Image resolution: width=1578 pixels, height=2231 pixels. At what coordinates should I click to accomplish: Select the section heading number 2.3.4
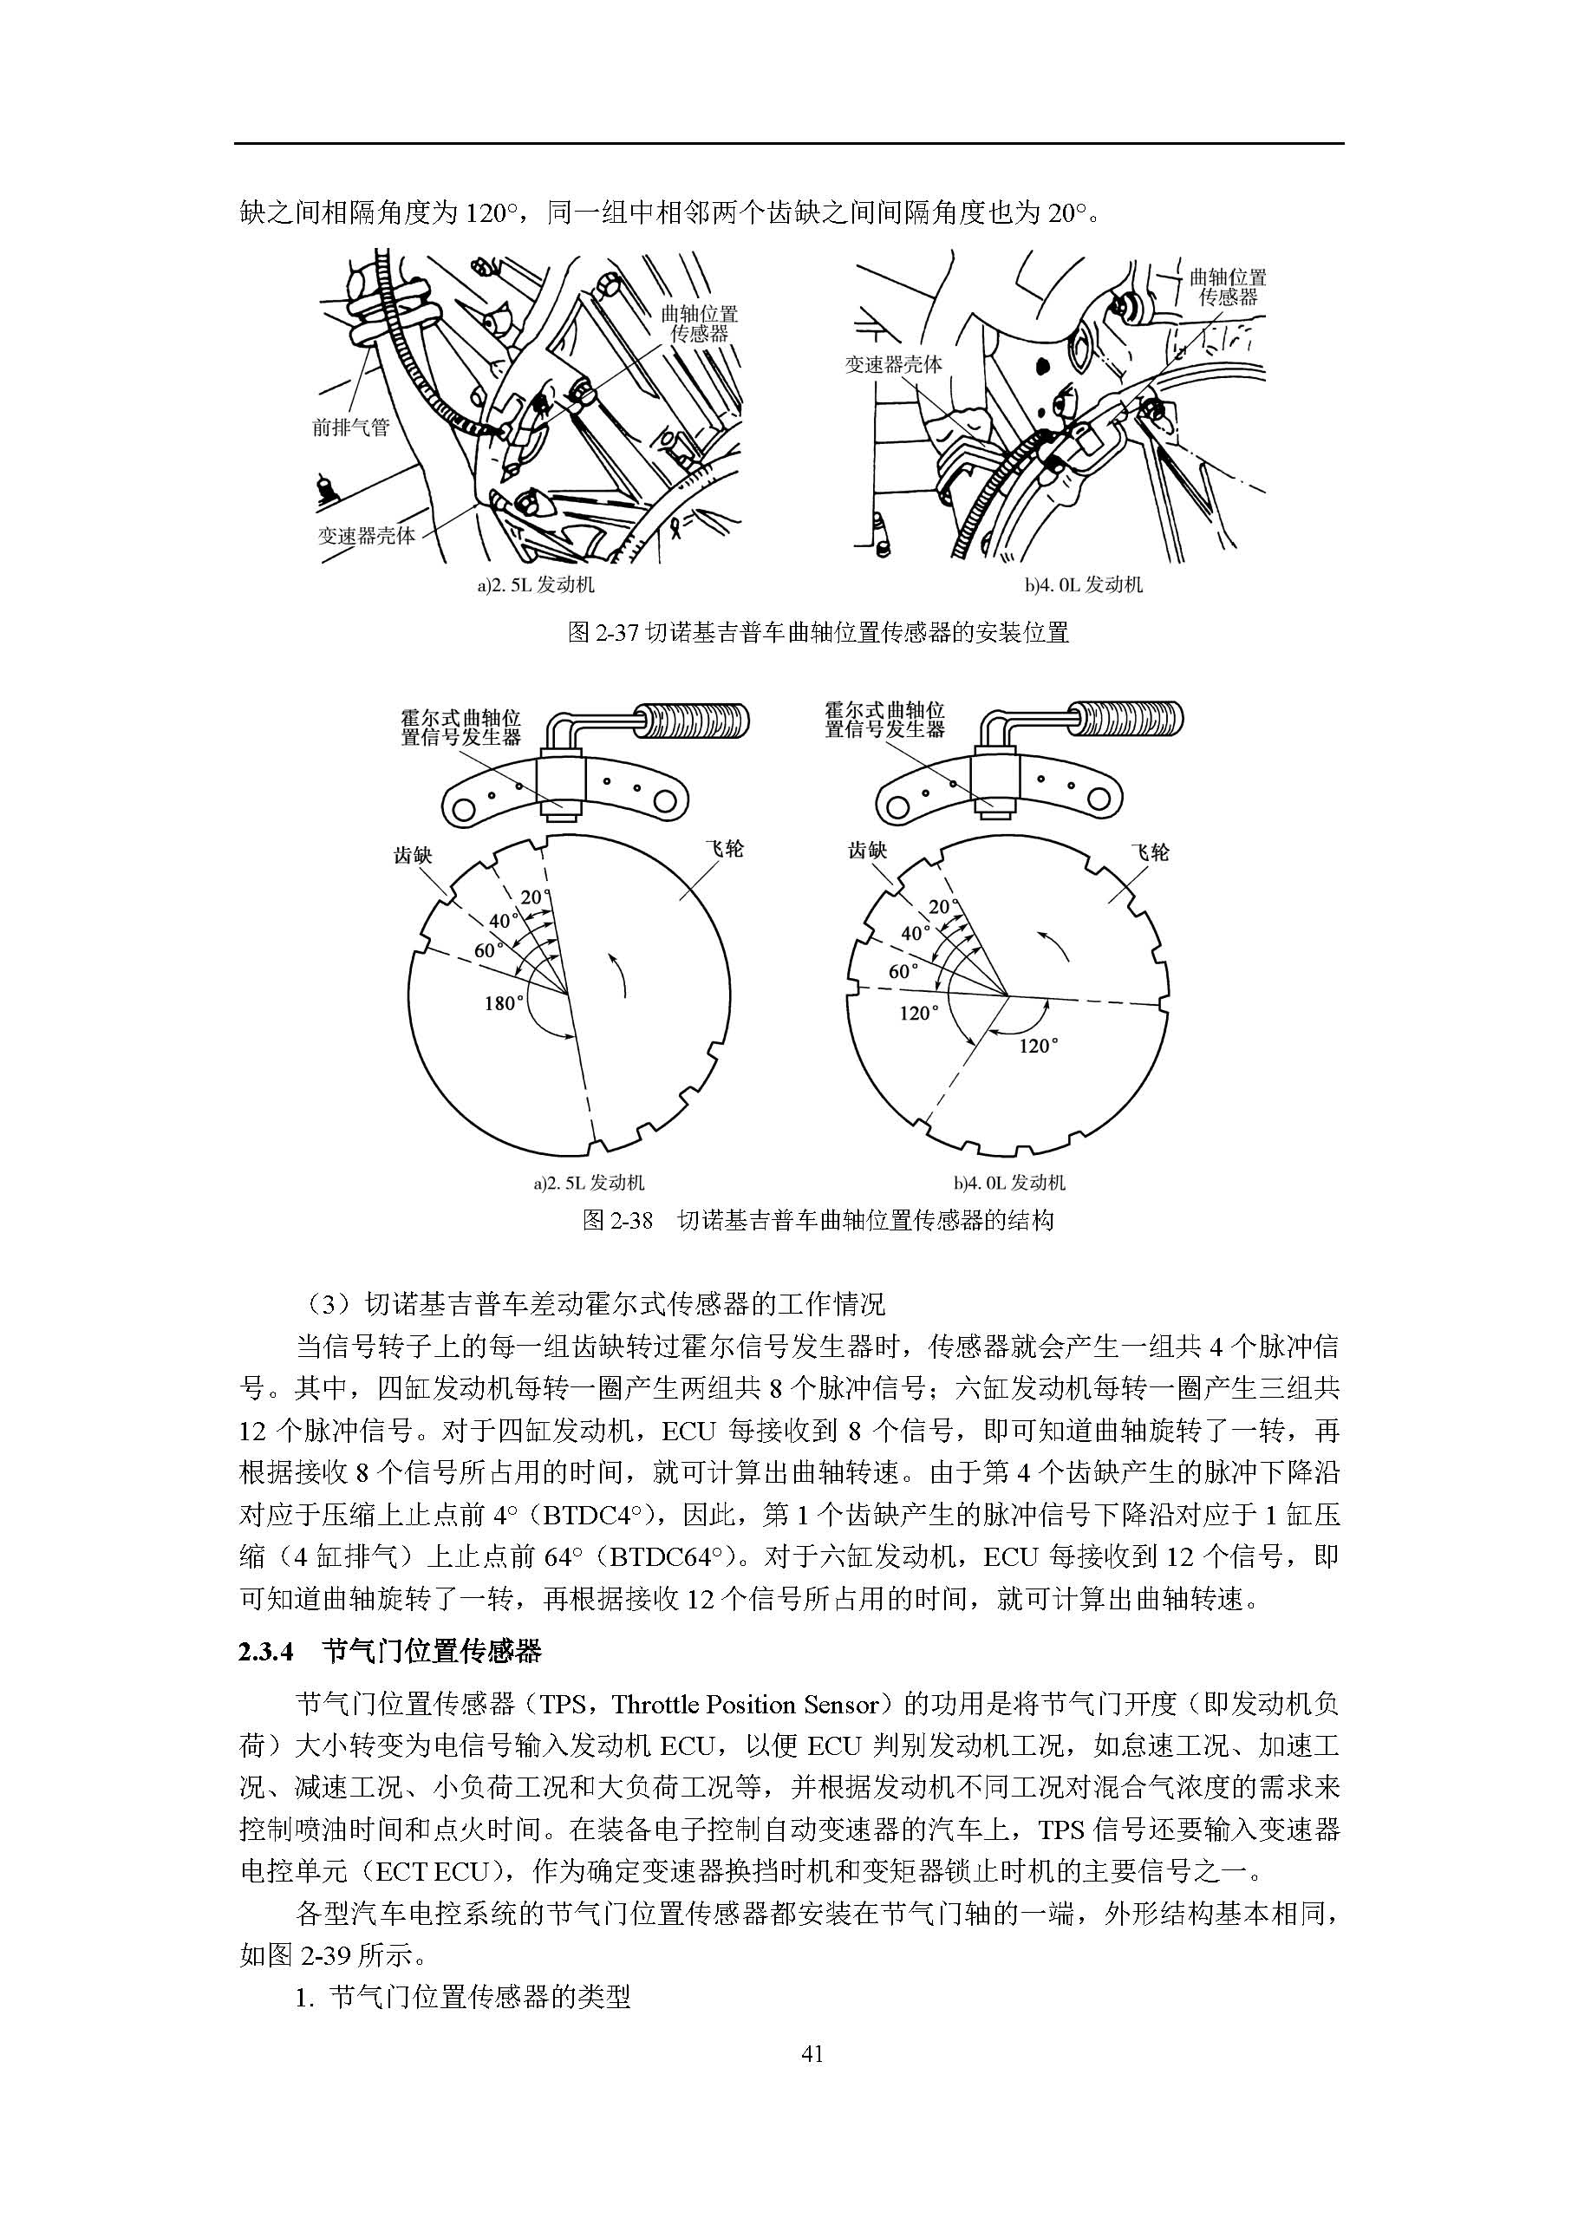[x=265, y=1651]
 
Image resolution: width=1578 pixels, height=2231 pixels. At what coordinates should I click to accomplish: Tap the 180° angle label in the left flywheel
[x=504, y=1003]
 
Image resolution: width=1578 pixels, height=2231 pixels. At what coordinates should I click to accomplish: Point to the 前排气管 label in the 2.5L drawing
[x=351, y=427]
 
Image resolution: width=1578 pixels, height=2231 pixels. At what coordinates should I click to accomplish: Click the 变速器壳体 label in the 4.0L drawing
[x=893, y=364]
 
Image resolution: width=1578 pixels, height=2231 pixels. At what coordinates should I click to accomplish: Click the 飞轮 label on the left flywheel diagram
[x=723, y=848]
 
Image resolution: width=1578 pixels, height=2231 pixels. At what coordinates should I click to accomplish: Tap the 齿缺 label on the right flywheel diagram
[x=868, y=851]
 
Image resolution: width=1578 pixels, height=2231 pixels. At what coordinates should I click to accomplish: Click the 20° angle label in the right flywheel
[x=941, y=908]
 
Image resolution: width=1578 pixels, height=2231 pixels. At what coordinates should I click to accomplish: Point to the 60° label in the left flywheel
[x=488, y=949]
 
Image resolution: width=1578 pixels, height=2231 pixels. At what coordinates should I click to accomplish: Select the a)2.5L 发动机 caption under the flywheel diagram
[x=589, y=1183]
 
